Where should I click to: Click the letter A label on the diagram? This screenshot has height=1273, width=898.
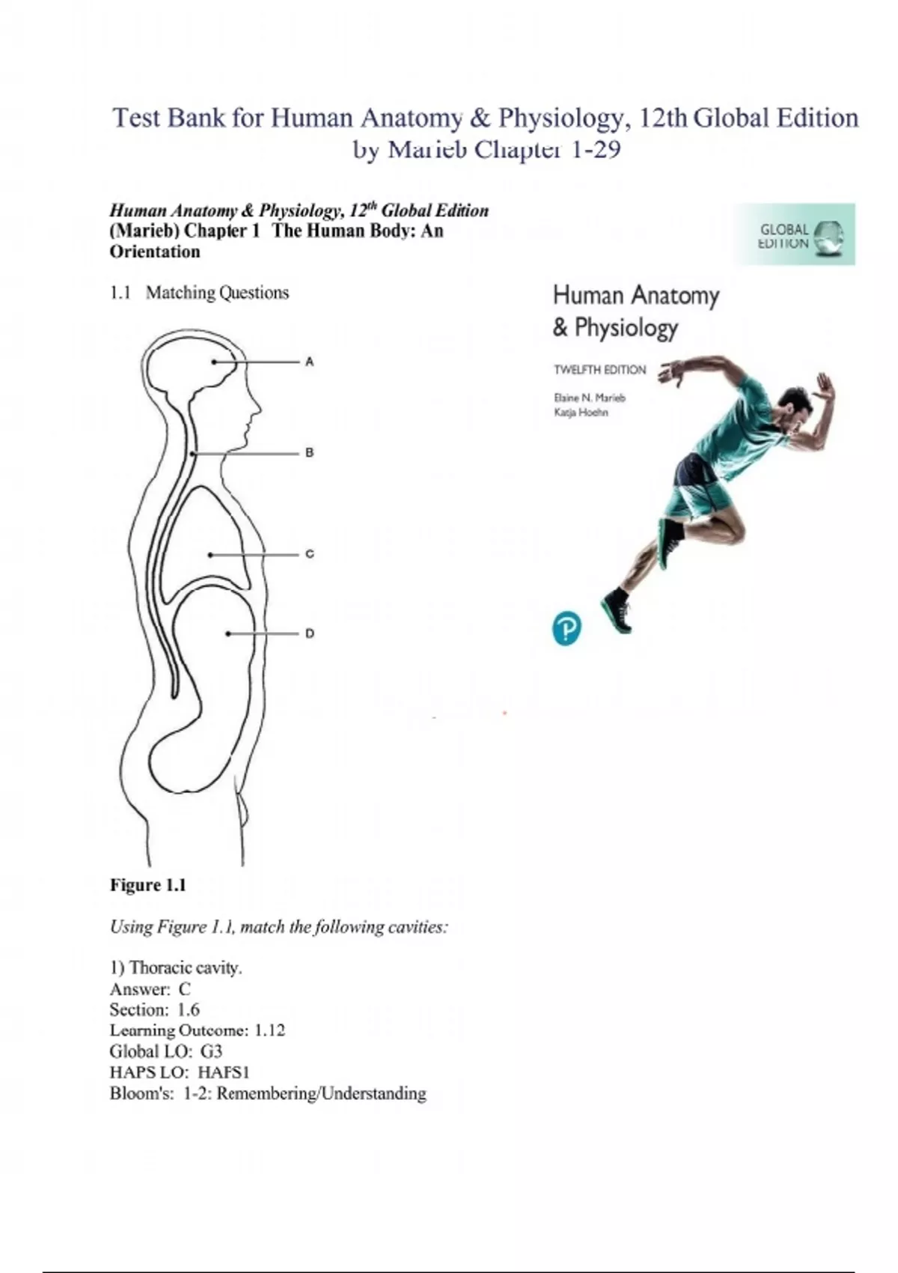pos(309,362)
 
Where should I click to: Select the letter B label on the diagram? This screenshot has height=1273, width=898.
pos(309,453)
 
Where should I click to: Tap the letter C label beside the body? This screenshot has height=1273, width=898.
pos(309,554)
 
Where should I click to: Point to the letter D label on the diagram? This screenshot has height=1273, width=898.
pos(309,634)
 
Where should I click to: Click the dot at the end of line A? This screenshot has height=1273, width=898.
pos(214,362)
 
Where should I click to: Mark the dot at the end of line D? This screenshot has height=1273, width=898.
pos(228,634)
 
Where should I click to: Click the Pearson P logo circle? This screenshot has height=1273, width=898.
pos(566,628)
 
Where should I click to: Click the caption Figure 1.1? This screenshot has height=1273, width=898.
pos(148,885)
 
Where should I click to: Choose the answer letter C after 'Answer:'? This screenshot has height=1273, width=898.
pos(185,988)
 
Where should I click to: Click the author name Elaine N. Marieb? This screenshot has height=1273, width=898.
pos(589,398)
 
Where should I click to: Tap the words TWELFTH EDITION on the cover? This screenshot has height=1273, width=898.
pos(599,369)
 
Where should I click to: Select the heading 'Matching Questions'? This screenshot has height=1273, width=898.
pos(217,293)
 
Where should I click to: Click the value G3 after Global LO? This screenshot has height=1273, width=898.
pos(212,1051)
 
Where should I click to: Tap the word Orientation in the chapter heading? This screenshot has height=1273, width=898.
pos(155,252)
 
